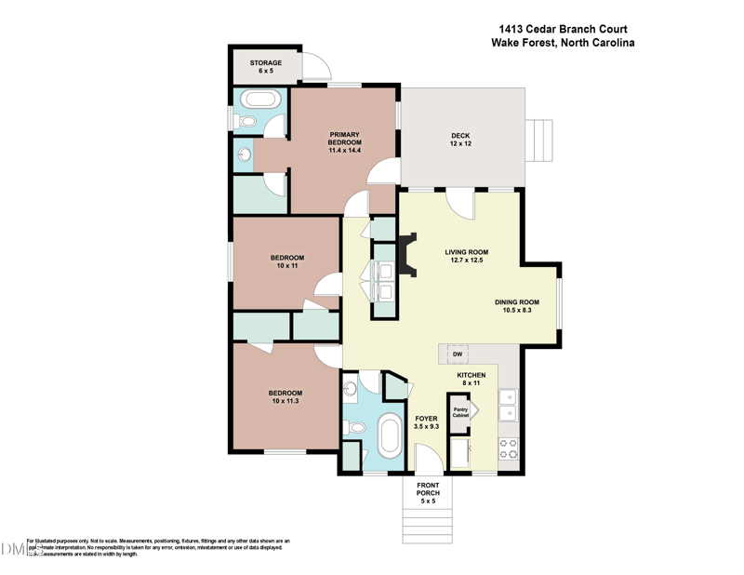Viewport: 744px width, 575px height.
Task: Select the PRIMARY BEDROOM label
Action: click(x=343, y=142)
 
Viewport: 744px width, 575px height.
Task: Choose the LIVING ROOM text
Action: click(x=466, y=252)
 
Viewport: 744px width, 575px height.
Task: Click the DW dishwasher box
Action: click(x=458, y=354)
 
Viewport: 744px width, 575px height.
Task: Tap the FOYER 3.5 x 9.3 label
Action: click(x=426, y=423)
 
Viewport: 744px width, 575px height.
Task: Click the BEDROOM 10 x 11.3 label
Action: click(x=286, y=397)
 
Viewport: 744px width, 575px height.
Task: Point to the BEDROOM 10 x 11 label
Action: click(x=286, y=261)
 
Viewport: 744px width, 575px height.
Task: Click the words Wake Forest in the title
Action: click(x=526, y=42)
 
